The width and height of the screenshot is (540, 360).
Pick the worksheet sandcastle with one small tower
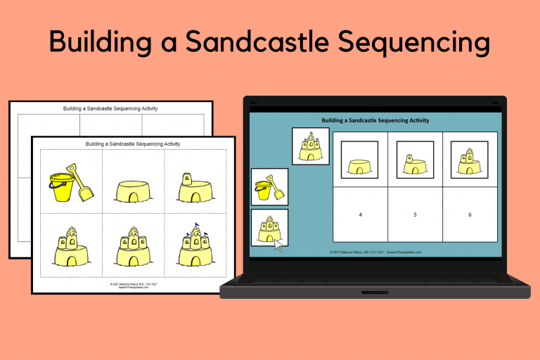195,188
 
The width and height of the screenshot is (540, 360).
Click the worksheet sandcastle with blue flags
195,246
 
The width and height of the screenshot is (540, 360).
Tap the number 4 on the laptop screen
360,214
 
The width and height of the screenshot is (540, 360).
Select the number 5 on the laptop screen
415,214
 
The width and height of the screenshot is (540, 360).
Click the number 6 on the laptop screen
470,214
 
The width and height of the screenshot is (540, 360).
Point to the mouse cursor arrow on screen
278,245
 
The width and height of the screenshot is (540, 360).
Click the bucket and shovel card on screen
269,187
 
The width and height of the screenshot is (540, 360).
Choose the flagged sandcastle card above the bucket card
310,146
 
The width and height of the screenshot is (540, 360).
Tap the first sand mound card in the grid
359,160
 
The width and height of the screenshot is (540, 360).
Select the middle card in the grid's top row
415,160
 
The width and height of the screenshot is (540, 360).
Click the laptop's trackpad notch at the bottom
375,292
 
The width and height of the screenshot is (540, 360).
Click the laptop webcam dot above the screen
375,103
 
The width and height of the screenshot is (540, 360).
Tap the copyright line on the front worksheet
133,285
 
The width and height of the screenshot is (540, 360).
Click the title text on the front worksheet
133,143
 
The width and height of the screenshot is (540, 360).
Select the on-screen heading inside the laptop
375,121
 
